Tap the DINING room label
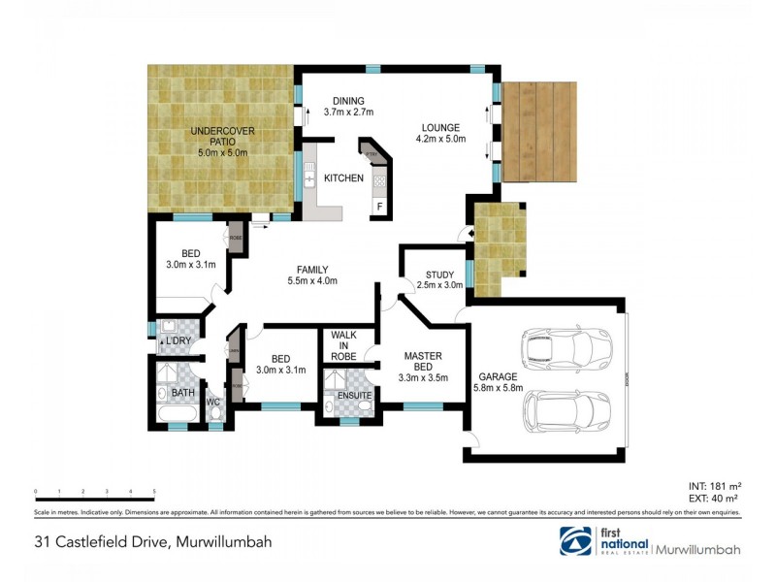point(349,100)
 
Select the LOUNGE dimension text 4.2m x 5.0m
point(441,140)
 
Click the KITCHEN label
point(343,178)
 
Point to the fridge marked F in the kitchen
point(379,207)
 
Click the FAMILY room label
point(312,270)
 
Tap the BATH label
point(183,393)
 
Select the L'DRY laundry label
point(178,341)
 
